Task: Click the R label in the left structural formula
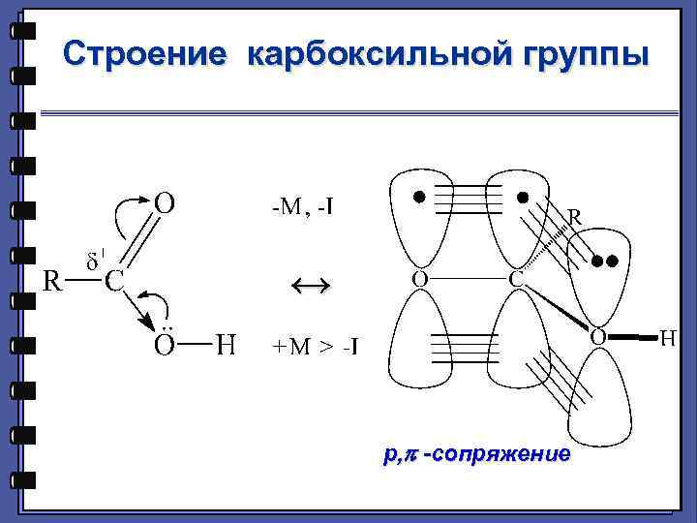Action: point(55,281)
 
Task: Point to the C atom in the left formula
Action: point(113,282)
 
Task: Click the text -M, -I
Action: point(302,206)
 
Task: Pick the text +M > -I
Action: point(315,345)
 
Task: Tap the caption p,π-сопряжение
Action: point(476,453)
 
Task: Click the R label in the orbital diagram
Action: point(574,219)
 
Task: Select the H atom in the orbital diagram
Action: point(669,337)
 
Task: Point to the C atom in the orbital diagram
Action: point(518,280)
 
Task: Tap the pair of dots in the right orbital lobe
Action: point(605,261)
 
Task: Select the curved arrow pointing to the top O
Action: point(126,211)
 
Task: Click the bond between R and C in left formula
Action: point(83,282)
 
